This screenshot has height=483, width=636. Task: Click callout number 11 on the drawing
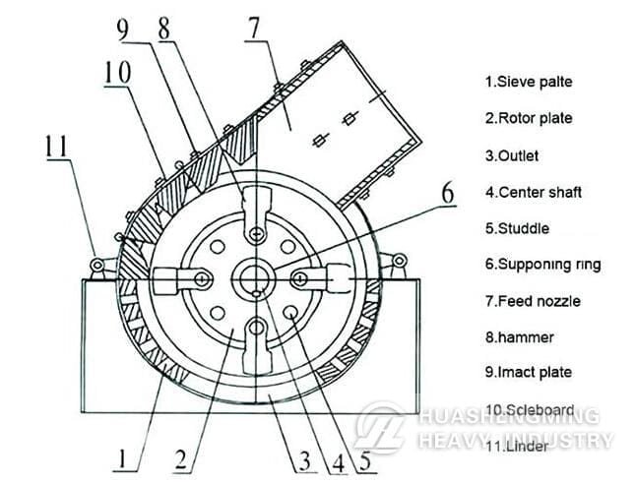pos(56,147)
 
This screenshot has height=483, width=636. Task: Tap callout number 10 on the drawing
pos(117,72)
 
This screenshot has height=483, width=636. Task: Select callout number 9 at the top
pos(122,30)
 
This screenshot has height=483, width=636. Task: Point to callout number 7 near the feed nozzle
pos(254,29)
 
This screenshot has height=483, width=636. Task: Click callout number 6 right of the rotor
pos(448,193)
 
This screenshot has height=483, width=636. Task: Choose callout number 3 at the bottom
pos(304,461)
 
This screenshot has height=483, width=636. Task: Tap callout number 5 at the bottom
pos(365,460)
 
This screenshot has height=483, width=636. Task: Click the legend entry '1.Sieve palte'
pos(529,82)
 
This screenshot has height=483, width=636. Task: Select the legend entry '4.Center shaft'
pos(534,192)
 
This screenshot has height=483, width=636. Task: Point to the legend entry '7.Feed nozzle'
pos(533,301)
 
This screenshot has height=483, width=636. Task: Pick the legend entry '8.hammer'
pos(520,337)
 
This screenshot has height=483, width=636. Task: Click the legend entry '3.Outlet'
pos(512,155)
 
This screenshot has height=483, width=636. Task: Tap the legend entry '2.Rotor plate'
pos(529,118)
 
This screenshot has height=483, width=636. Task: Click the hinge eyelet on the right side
pos(399,260)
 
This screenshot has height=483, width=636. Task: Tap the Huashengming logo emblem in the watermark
pos(380,427)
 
